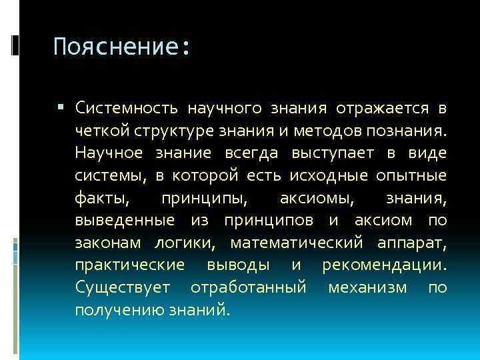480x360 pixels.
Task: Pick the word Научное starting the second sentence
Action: point(109,153)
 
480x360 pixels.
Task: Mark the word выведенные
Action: point(125,220)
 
